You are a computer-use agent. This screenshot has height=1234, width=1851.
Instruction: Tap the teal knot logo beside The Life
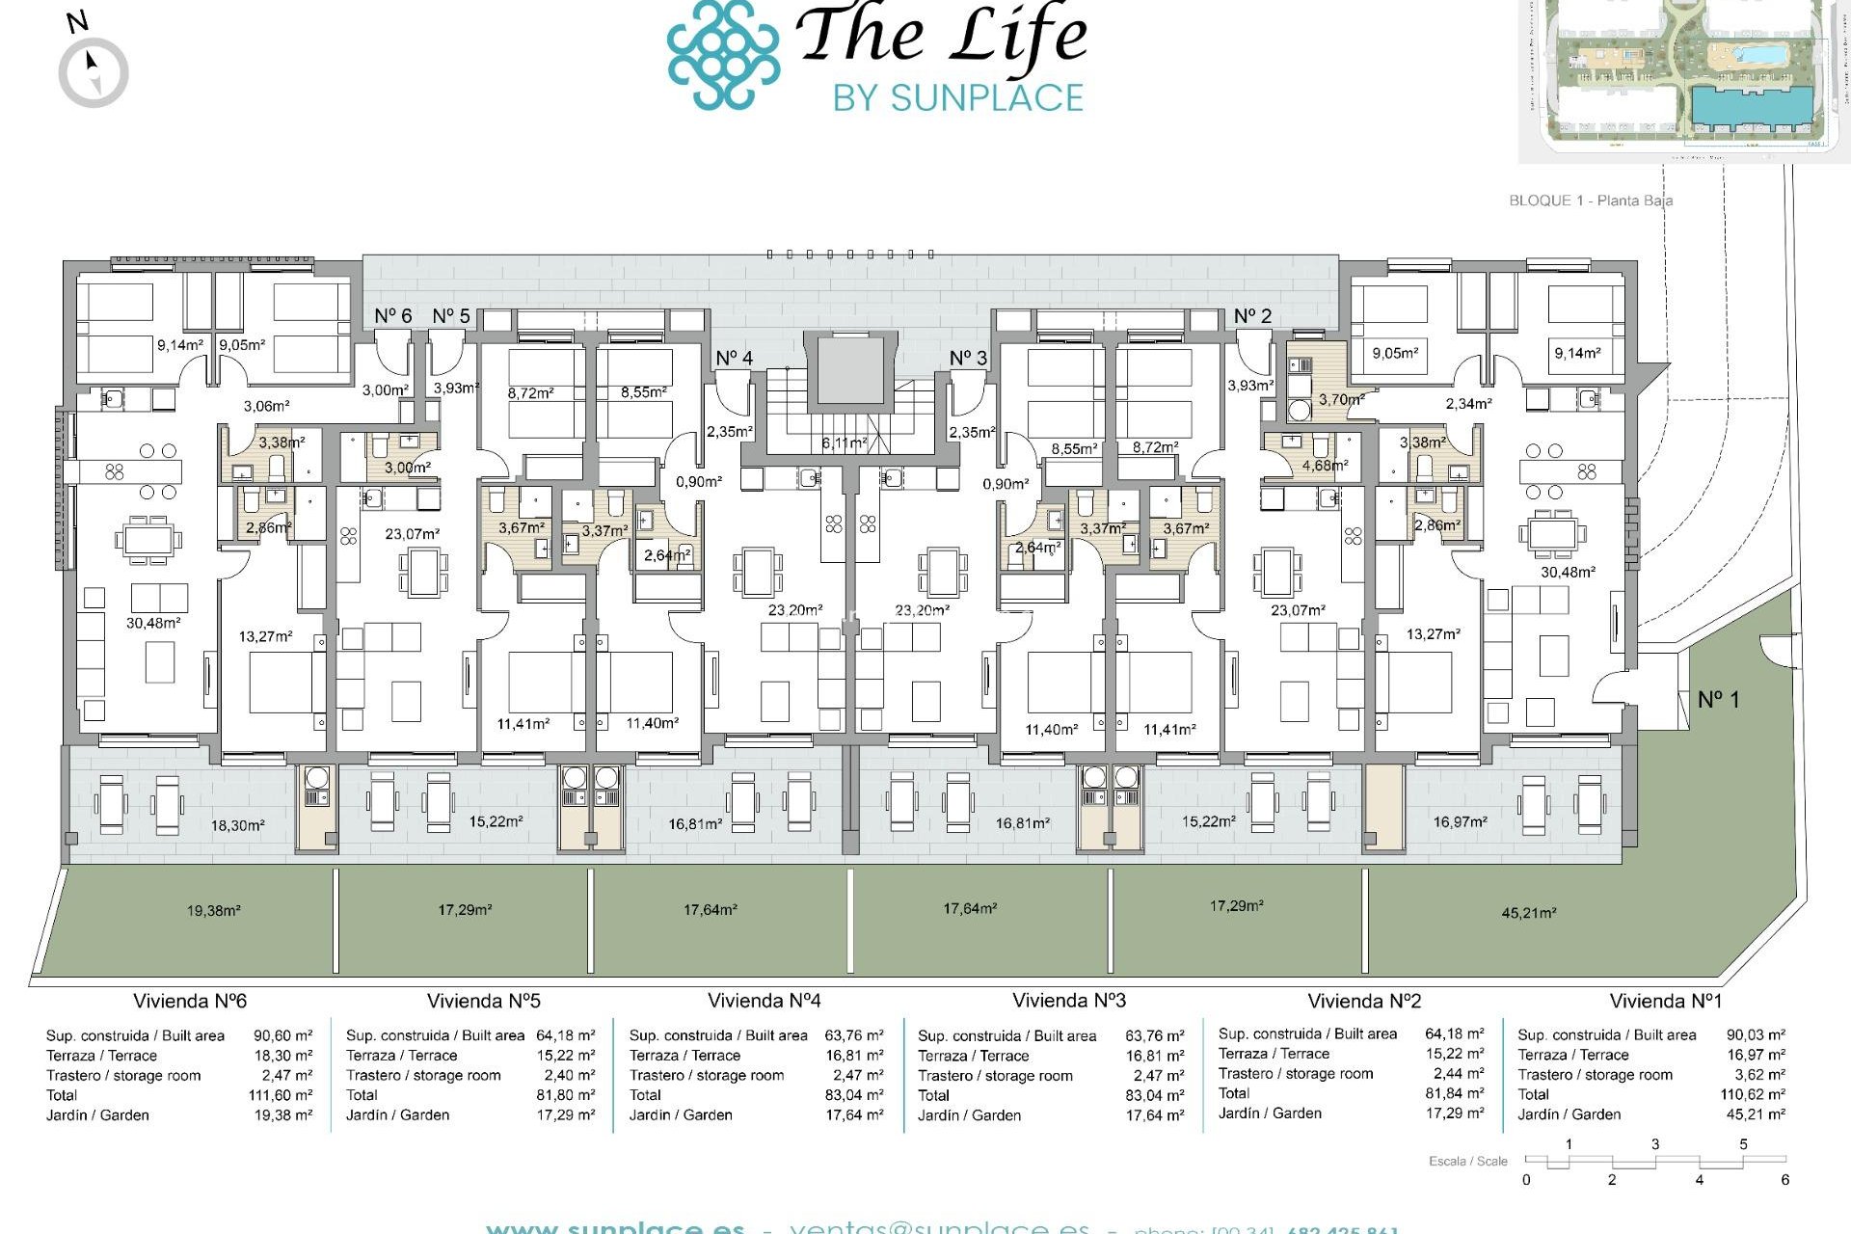coord(723,54)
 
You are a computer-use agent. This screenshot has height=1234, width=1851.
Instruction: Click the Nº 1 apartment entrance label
coord(1718,700)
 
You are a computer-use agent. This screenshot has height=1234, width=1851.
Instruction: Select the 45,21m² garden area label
coord(1528,912)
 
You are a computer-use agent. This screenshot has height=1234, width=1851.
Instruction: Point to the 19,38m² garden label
coord(213,910)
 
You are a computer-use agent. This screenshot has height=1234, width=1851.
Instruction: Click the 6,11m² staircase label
coord(844,443)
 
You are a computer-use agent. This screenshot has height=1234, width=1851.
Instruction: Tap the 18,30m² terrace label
coord(237,825)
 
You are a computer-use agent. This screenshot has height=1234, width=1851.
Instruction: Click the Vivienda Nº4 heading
coord(764,1001)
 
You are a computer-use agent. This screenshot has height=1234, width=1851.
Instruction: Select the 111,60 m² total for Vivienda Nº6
coord(280,1095)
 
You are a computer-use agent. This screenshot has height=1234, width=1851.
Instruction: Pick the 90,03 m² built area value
coord(1755,1035)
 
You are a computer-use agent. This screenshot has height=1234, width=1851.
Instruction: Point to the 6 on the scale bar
coord(1784,1180)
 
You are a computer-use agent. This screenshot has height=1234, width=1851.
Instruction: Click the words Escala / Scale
coord(1467,1161)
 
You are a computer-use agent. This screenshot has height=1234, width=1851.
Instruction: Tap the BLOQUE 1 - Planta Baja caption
coord(1591,201)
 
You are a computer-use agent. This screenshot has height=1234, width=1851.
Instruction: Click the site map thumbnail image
coord(1682,77)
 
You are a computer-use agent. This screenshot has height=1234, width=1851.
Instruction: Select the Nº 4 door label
coord(734,359)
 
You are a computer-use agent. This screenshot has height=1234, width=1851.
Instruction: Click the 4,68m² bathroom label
coord(1325,465)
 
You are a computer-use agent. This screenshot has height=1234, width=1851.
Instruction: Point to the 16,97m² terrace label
coord(1460,821)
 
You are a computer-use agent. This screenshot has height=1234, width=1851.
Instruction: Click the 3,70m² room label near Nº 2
coord(1341,399)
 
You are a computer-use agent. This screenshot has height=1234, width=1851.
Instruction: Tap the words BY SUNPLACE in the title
coord(957,98)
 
